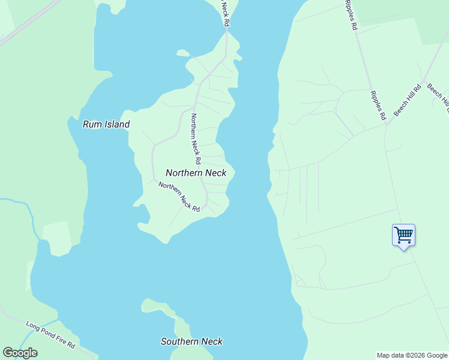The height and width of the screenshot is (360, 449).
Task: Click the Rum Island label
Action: (x=106, y=125)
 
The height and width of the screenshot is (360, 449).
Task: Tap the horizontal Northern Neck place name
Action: (x=196, y=173)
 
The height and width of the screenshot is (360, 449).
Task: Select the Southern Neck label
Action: (x=191, y=341)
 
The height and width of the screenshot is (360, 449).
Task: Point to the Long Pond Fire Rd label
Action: (x=50, y=335)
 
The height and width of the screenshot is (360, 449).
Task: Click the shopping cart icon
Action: (x=403, y=235)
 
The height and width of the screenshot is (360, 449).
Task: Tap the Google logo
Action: (x=20, y=353)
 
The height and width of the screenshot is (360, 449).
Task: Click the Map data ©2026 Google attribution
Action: (x=412, y=355)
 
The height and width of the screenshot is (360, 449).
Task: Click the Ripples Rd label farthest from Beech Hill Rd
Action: (x=351, y=15)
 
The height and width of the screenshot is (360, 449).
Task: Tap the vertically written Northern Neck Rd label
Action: (x=195, y=139)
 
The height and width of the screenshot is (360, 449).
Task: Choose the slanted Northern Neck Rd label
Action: (x=179, y=196)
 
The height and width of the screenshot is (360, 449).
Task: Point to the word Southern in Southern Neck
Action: (x=179, y=341)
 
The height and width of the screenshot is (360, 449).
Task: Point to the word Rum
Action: (x=91, y=125)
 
